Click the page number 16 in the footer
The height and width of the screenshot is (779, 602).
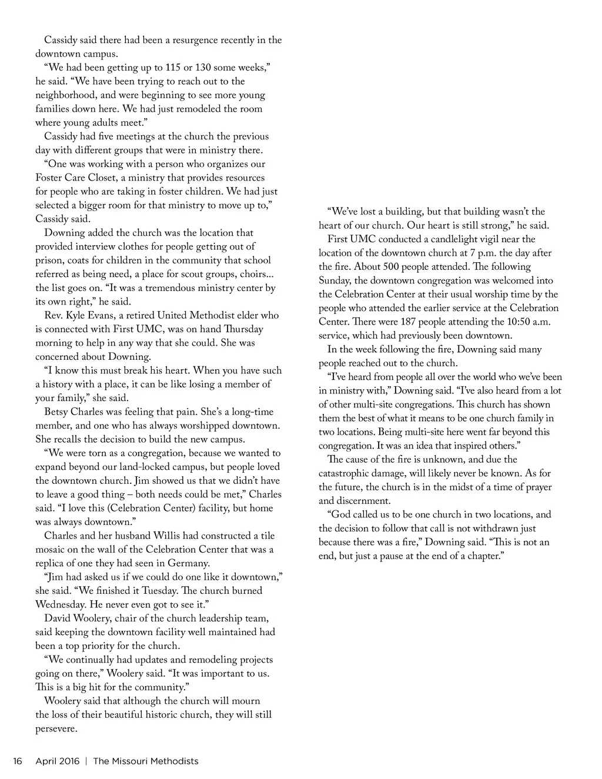click(18, 761)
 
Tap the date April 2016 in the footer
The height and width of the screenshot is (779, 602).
click(58, 761)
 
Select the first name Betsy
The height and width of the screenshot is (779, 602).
click(57, 412)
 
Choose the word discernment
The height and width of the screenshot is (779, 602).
click(364, 501)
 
